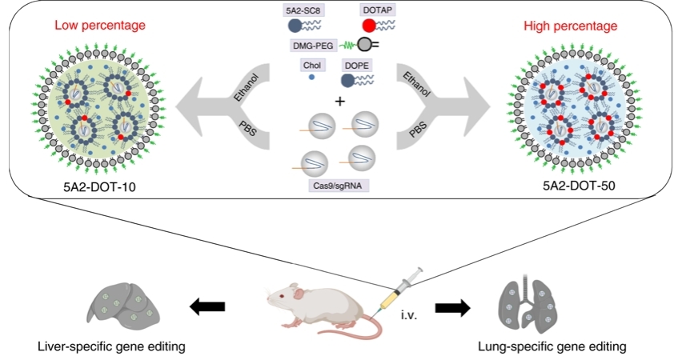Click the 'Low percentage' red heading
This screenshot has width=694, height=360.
click(x=99, y=25)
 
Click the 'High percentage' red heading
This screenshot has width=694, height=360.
click(x=571, y=26)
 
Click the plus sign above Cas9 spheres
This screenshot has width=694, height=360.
click(x=339, y=102)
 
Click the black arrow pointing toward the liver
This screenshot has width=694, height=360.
click(x=207, y=305)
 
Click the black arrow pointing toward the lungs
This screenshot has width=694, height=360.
click(x=451, y=306)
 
